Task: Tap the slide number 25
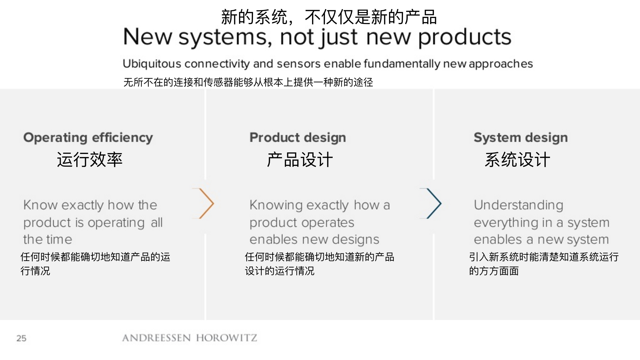coord(21,338)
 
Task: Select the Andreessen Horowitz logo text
coord(190,338)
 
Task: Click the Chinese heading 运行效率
coord(90,160)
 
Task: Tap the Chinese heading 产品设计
coord(300,160)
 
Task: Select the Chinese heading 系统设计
coord(517,160)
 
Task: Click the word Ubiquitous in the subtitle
coord(152,64)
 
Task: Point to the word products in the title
coord(465,37)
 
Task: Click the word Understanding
coord(519,205)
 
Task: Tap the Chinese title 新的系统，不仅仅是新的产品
coord(329,17)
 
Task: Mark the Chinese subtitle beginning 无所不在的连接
coord(248,82)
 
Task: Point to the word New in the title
coord(148,37)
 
